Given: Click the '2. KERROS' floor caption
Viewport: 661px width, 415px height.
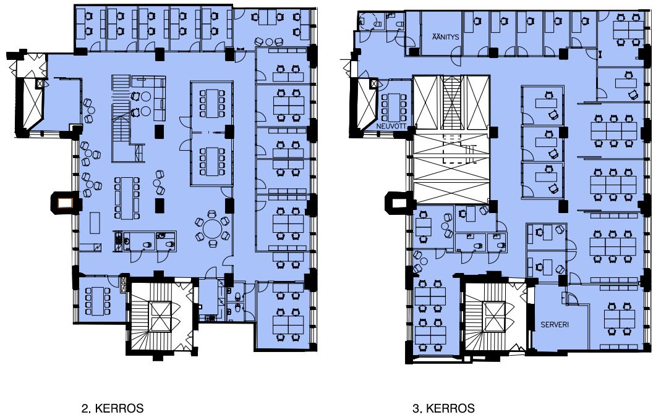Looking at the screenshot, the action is (x=112, y=408).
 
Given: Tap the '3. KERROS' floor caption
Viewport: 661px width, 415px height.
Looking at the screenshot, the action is (x=443, y=408).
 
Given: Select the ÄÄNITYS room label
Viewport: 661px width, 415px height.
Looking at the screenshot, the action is (x=445, y=36).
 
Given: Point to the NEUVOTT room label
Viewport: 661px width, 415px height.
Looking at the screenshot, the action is (x=391, y=126).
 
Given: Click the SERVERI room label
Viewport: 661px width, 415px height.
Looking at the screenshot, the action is (x=555, y=324).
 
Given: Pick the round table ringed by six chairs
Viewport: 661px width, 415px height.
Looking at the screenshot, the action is (x=213, y=229).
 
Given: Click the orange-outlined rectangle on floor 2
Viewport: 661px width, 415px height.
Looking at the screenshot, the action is (x=65, y=204).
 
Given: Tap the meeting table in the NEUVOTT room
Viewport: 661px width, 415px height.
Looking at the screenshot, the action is (x=393, y=107).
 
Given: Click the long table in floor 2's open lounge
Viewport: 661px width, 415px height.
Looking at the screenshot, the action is (x=127, y=198).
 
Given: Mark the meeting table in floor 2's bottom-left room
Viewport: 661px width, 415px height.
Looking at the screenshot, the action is (x=97, y=301).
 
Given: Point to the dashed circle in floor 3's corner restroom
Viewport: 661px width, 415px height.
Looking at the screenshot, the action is (x=367, y=20).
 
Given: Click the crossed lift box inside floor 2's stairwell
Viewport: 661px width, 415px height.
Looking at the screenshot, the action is (x=161, y=317).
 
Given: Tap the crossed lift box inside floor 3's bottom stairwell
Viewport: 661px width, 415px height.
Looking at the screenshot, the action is (x=495, y=317).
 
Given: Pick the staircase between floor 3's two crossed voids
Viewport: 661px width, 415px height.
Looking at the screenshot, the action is (x=451, y=103).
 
